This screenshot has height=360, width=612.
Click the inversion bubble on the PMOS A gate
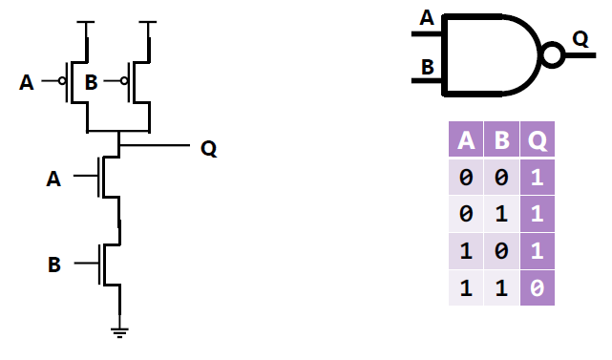click(61, 82)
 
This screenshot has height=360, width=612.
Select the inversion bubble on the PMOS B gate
click(124, 82)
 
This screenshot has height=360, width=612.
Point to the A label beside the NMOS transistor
click(53, 178)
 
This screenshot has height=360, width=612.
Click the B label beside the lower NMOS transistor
click(53, 264)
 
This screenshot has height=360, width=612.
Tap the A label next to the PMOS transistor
click(26, 83)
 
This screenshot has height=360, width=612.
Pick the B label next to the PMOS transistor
click(91, 83)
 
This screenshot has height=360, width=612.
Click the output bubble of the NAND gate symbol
click(552, 55)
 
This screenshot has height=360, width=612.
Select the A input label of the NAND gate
click(426, 16)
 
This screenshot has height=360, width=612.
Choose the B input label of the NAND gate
click(426, 68)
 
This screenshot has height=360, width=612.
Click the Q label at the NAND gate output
click(580, 38)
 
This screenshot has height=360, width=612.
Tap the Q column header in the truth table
click(538, 142)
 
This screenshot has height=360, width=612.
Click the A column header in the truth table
click(466, 142)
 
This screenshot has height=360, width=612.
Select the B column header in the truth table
click(502, 142)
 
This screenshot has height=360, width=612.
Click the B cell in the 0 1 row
click(502, 215)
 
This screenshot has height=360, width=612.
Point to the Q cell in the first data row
click(538, 179)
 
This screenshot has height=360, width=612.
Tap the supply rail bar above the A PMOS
click(87, 22)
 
